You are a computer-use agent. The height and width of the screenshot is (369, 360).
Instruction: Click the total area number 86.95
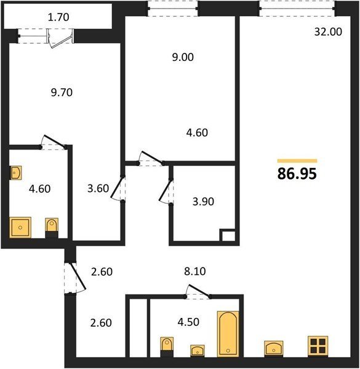(x=297, y=174)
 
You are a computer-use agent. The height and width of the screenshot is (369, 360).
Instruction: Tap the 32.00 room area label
(x=328, y=32)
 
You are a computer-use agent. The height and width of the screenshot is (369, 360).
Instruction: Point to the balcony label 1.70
(x=58, y=17)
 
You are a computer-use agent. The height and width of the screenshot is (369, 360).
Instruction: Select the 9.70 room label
(x=62, y=92)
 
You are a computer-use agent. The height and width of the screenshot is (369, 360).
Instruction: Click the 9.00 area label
(x=183, y=57)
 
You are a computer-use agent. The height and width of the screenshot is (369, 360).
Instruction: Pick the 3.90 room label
(x=203, y=202)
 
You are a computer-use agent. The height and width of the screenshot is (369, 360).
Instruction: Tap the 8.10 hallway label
(x=195, y=271)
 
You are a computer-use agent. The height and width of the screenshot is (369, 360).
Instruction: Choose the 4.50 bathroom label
(x=188, y=322)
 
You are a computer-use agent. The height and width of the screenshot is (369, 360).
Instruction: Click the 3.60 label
(x=98, y=189)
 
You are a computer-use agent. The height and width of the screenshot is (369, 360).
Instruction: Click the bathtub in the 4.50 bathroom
(x=228, y=334)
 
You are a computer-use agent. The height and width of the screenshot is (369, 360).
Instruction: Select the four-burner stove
(x=318, y=346)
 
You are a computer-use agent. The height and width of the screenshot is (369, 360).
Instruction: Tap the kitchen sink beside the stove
(x=274, y=348)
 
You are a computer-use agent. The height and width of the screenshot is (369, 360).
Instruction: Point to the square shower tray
(x=20, y=228)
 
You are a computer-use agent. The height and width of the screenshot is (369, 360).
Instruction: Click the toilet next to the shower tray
(x=52, y=228)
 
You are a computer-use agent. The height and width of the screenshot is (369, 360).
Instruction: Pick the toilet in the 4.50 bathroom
(x=167, y=347)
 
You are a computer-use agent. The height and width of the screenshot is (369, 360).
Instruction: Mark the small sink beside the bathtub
(x=198, y=351)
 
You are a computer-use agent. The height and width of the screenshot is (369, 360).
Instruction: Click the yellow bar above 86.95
(x=297, y=161)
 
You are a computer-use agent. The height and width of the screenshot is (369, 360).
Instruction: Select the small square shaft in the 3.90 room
(x=229, y=236)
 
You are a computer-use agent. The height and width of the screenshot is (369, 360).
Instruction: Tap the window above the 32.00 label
(x=297, y=9)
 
